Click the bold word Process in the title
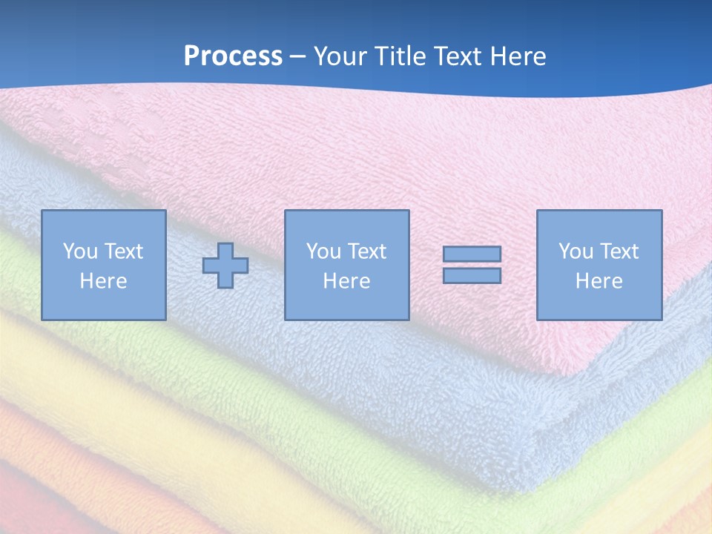[233, 56]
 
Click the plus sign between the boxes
[225, 265]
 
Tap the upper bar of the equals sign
[472, 254]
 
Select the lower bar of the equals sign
[472, 275]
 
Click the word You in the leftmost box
[80, 251]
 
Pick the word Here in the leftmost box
[103, 281]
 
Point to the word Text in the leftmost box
[123, 251]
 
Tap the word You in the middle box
[323, 251]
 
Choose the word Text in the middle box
[366, 251]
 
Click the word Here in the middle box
[346, 281]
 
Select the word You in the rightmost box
[576, 251]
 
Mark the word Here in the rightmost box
[599, 281]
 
